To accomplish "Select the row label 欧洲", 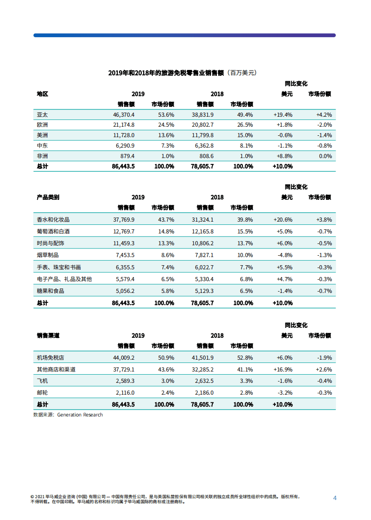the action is click(x=42, y=125).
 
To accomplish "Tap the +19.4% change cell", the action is click(x=283, y=115).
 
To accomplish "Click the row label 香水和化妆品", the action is click(x=53, y=219).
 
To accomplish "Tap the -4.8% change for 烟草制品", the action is click(x=284, y=255).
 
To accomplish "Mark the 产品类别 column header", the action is click(x=48, y=198).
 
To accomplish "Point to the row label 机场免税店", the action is click(x=50, y=357).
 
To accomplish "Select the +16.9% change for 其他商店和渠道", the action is click(x=283, y=369).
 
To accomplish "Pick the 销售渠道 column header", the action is click(x=48, y=336).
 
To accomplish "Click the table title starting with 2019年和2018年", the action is click(x=182, y=73).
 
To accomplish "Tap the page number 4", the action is click(x=335, y=498).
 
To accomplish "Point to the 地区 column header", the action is click(x=42, y=94).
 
